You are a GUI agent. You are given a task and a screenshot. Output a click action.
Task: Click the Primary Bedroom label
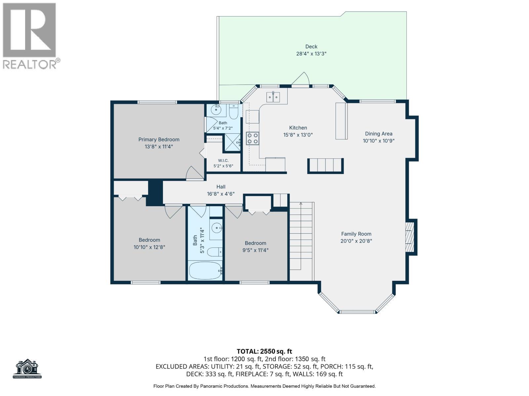point(159,140)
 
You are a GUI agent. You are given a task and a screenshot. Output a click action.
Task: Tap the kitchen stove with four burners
point(252,139)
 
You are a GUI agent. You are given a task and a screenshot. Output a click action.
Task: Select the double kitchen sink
point(273,97)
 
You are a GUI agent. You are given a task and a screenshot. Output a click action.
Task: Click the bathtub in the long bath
point(205,271)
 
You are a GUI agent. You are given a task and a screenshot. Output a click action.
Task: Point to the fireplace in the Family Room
point(410,237)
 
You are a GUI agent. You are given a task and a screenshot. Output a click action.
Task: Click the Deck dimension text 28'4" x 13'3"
point(311,53)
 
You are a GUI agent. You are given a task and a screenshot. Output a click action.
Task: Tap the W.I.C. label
point(223,160)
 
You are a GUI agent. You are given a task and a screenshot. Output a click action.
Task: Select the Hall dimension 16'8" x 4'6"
point(221,194)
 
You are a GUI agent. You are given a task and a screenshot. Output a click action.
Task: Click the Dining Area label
point(379,134)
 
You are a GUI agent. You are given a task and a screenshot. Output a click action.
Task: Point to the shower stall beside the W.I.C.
point(232,142)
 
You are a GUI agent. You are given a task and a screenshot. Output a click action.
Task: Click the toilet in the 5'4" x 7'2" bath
point(233,112)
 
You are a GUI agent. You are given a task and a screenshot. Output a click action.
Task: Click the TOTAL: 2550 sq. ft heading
point(264,351)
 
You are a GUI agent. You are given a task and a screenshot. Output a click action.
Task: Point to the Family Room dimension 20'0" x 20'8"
point(356,241)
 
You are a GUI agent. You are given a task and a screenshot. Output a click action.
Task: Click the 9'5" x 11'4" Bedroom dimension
point(255,250)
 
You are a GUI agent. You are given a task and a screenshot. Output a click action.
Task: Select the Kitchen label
point(298,128)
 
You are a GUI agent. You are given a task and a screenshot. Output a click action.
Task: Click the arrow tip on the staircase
point(301,203)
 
